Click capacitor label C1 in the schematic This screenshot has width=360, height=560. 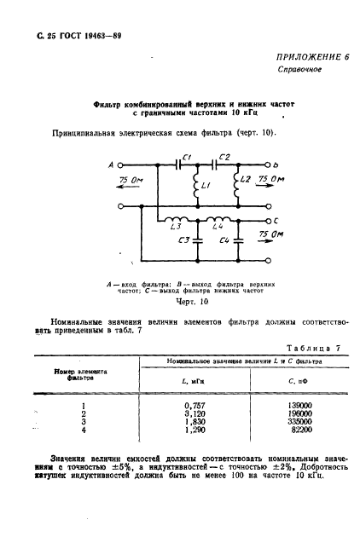[188, 156]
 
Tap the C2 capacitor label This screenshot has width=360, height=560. [224, 156]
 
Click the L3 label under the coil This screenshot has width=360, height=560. [176, 228]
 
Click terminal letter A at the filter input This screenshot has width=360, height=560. [112, 166]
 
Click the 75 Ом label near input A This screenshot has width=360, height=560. [131, 181]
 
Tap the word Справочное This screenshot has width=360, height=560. [299, 68]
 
